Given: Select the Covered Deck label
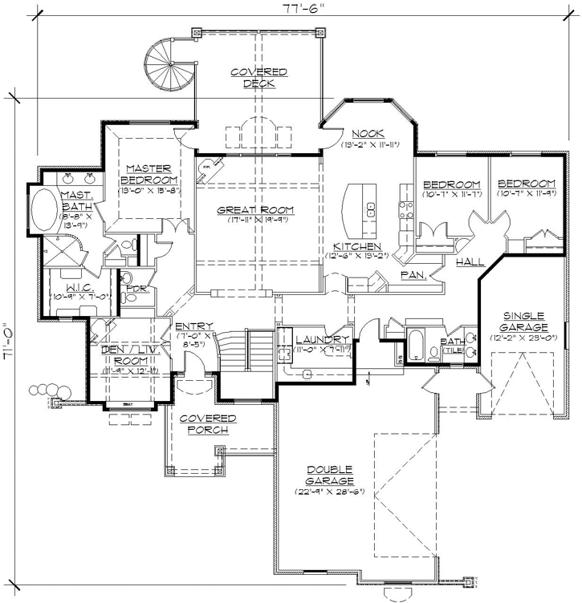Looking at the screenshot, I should pyautogui.click(x=258, y=78).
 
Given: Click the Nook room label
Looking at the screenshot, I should pyautogui.click(x=368, y=133).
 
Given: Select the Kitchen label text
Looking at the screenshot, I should pyautogui.click(x=357, y=246).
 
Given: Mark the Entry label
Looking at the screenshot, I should pyautogui.click(x=193, y=326).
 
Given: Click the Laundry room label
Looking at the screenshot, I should pyautogui.click(x=321, y=340).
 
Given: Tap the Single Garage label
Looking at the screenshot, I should pyautogui.click(x=526, y=321).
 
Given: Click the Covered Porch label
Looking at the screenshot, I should pyautogui.click(x=207, y=424).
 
